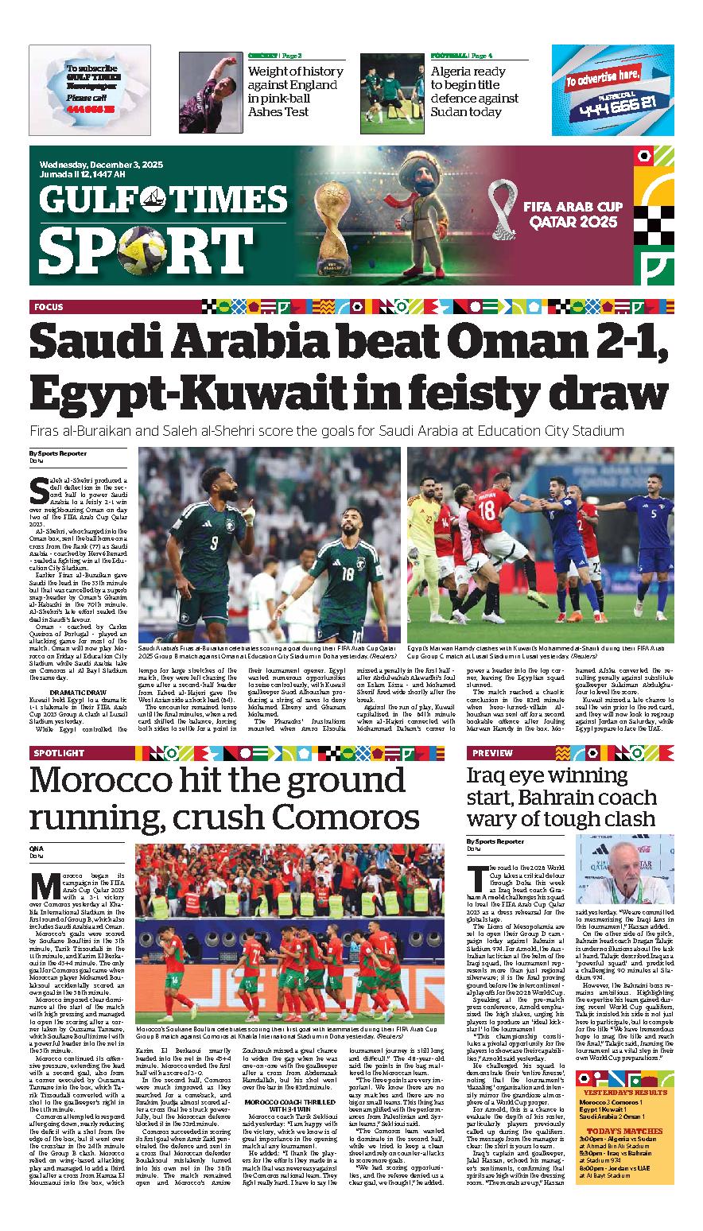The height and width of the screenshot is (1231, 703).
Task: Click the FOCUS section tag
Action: click(49, 306)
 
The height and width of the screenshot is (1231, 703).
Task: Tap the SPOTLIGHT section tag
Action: click(58, 752)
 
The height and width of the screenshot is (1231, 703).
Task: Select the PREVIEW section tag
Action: click(492, 752)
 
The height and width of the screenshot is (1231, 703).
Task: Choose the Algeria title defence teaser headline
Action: click(474, 91)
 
